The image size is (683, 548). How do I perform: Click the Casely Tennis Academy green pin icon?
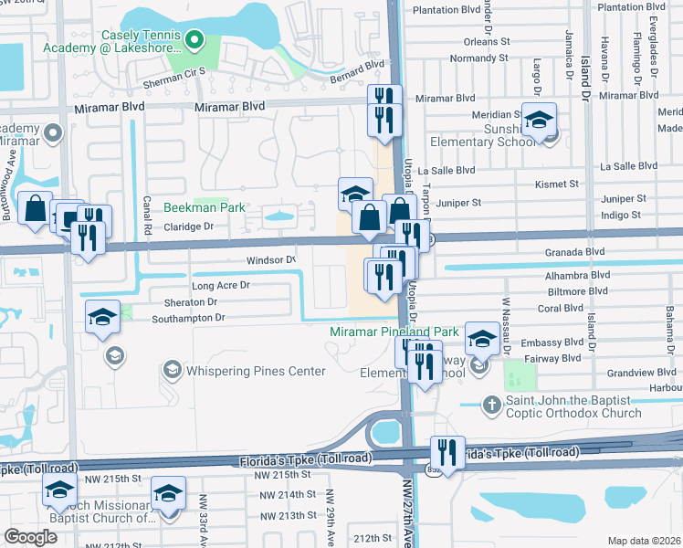tap(194, 38)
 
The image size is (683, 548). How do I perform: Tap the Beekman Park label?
tap(205, 207)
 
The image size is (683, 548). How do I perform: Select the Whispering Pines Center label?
tap(243, 371)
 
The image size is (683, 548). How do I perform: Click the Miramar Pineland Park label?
tap(394, 332)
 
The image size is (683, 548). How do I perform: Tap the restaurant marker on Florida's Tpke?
tap(447, 451)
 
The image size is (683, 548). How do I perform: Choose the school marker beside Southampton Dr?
tap(103, 317)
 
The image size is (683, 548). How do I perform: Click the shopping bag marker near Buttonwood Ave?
tap(35, 208)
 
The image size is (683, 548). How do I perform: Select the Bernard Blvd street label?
tap(358, 69)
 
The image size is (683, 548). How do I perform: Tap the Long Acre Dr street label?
tap(220, 285)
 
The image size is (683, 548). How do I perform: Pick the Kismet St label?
tap(562, 184)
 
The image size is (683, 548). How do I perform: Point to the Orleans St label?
tap(486, 41)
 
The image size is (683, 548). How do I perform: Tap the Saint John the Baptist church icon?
tap(491, 403)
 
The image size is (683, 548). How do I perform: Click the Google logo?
tap(31, 537)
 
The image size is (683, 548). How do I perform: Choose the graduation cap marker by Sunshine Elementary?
tap(539, 121)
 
